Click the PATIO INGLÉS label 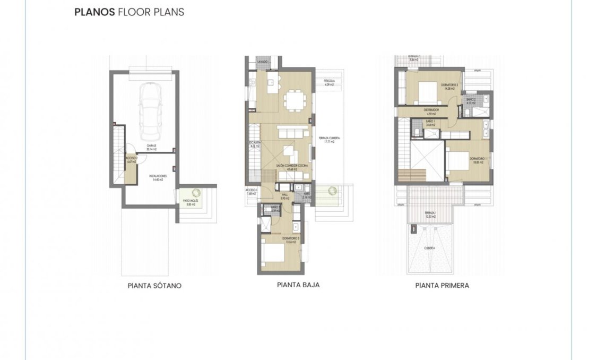pos(189,202)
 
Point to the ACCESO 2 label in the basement pos(131,160)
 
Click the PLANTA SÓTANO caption pos(154,286)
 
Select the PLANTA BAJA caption pos(298,285)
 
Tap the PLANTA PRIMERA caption pos(442,286)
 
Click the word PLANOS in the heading pos(94,12)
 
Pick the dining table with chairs pos(293,100)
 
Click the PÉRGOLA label pos(329,82)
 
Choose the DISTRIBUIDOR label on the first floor pos(430,111)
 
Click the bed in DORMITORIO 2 pos(427,92)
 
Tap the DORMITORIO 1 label pos(478,159)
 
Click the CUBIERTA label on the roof pos(429,247)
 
